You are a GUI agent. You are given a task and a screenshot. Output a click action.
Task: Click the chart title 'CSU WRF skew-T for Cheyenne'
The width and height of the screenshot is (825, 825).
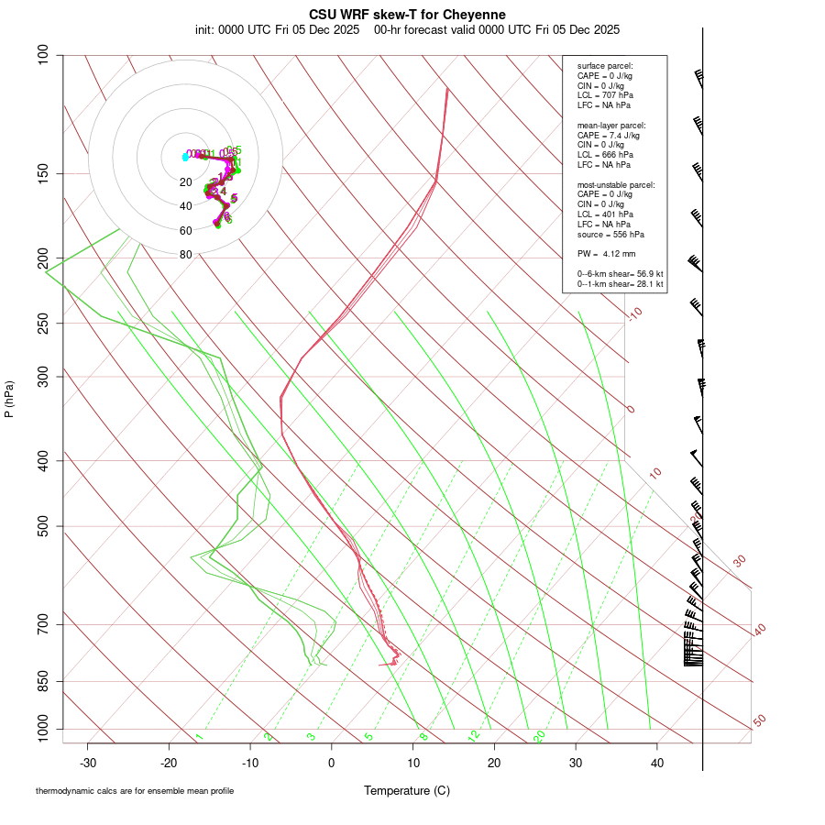pyautogui.click(x=407, y=15)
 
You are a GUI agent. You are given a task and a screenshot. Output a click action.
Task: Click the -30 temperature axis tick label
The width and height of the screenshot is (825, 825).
pyautogui.click(x=88, y=763)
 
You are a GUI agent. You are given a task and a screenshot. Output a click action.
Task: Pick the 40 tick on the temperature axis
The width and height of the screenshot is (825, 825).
pyautogui.click(x=656, y=763)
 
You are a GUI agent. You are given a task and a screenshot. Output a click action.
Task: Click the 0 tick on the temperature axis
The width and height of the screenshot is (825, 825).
pyautogui.click(x=332, y=763)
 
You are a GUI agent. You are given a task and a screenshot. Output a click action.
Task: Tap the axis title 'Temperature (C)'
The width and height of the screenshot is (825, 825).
pyautogui.click(x=406, y=790)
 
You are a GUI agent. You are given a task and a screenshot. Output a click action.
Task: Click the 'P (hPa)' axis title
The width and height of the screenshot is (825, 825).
pyautogui.click(x=9, y=399)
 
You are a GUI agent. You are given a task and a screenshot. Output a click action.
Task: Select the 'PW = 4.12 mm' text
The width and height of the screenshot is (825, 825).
pyautogui.click(x=606, y=254)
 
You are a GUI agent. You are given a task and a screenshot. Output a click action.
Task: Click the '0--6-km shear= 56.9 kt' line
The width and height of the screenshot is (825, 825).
pyautogui.click(x=620, y=274)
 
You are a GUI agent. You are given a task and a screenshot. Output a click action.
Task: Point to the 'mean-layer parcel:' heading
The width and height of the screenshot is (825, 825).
pyautogui.click(x=610, y=125)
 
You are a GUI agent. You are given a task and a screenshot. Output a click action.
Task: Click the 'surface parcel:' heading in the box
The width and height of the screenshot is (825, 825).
pyautogui.click(x=604, y=66)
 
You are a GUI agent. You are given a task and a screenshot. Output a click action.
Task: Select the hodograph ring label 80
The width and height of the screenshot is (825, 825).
pyautogui.click(x=185, y=255)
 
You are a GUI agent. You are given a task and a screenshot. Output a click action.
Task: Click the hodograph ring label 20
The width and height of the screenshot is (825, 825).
pyautogui.click(x=185, y=182)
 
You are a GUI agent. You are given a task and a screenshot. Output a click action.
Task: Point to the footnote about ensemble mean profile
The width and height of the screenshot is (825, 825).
pyautogui.click(x=135, y=790)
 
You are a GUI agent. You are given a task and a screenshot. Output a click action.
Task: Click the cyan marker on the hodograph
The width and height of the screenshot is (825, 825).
pyautogui.click(x=185, y=157)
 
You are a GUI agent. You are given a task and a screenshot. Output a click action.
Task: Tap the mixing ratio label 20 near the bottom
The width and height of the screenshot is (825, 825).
pyautogui.click(x=540, y=735)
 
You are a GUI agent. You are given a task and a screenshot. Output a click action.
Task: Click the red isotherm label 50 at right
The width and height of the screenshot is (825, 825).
pyautogui.click(x=759, y=720)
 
